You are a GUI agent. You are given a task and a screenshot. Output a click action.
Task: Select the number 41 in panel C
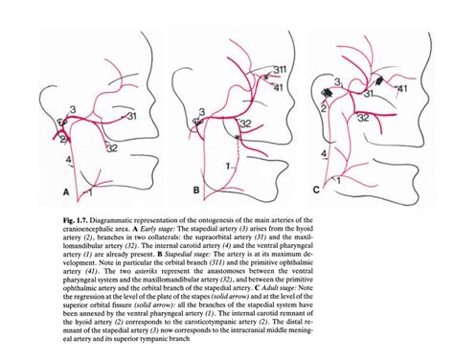(x=404, y=89)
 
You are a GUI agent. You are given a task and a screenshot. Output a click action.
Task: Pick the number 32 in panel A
(x=112, y=148)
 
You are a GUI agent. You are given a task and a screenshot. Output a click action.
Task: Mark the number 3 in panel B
(x=199, y=113)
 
